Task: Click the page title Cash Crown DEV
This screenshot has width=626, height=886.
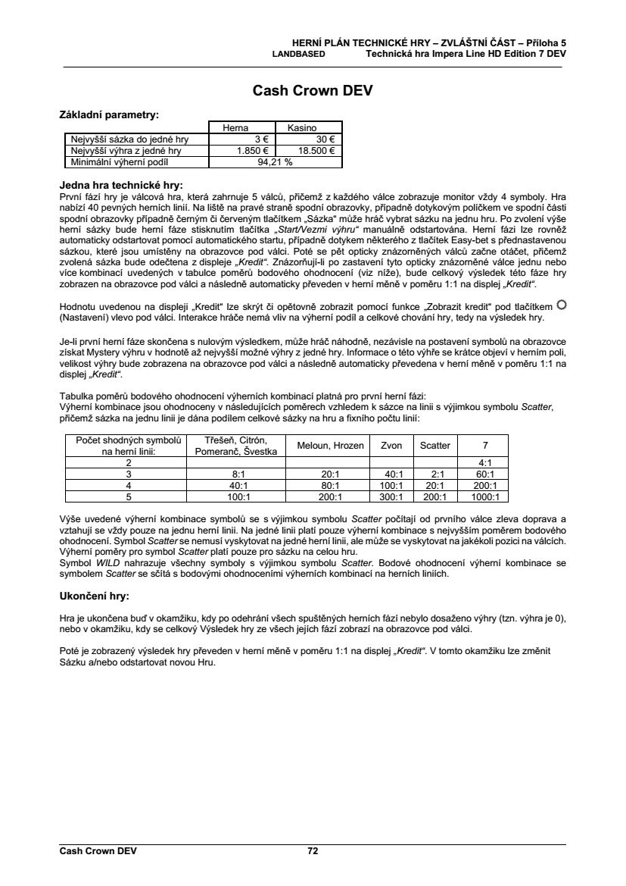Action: pos(313,92)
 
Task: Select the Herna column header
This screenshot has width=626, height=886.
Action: pos(235,129)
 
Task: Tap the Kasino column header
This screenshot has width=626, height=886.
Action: pos(302,129)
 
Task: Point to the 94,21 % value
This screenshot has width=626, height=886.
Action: pos(276,161)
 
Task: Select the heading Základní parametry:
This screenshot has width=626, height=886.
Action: pos(109,115)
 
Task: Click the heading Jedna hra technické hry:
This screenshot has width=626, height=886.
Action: pos(121,184)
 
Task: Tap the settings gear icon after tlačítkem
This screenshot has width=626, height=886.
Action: pos(561,305)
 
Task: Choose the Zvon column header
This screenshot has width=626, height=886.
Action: pos(391,446)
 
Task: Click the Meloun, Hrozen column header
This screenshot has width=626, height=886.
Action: pos(331,446)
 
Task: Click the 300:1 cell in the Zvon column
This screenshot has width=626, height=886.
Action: pos(391,497)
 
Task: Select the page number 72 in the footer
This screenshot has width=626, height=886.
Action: pos(313,851)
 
